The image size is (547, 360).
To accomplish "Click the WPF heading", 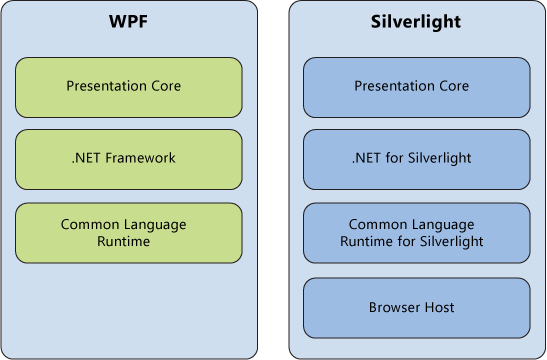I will pyautogui.click(x=128, y=21).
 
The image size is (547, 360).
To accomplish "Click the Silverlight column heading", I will pyautogui.click(x=415, y=21).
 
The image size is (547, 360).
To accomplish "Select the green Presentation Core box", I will pyautogui.click(x=128, y=87).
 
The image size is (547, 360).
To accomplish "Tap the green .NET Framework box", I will pyautogui.click(x=128, y=159).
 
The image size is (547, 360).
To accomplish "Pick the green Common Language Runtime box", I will pyautogui.click(x=128, y=233).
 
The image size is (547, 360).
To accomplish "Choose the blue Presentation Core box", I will pyautogui.click(x=415, y=87).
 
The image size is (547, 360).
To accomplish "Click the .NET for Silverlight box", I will pyautogui.click(x=415, y=159).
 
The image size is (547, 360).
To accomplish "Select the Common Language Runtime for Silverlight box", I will pyautogui.click(x=415, y=233).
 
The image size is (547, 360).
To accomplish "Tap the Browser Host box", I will pyautogui.click(x=415, y=307).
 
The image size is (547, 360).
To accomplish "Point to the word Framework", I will pyautogui.click(x=143, y=159).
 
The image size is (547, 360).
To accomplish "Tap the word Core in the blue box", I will pyautogui.click(x=453, y=87).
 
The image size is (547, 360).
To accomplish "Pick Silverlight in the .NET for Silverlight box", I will pyautogui.click(x=441, y=159).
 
